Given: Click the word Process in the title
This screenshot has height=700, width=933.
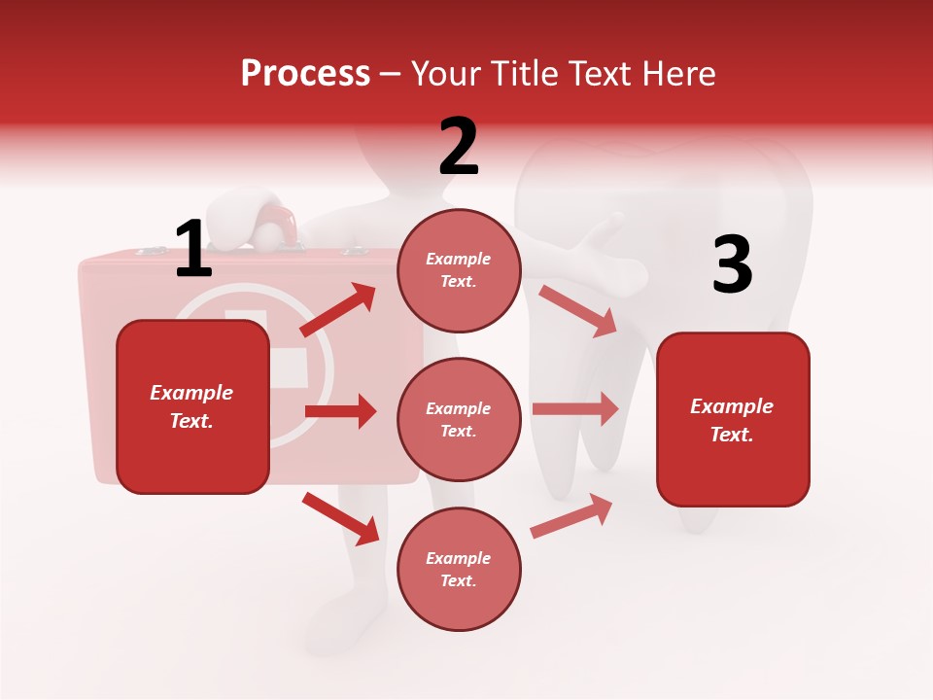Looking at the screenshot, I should (305, 74).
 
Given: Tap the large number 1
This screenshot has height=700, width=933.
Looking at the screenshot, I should (192, 249).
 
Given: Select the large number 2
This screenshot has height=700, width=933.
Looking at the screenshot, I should (459, 147).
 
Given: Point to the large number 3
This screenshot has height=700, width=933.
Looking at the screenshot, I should (732, 265).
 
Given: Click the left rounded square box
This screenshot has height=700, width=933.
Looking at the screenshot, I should (192, 406).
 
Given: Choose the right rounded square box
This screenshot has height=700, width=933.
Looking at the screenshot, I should (733, 419).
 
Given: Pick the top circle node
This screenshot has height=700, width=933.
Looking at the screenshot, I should (459, 270).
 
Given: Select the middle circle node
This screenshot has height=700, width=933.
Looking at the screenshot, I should (459, 419).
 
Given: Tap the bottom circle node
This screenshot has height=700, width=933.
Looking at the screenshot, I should (459, 569).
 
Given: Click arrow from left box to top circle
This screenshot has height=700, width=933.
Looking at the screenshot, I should (337, 310).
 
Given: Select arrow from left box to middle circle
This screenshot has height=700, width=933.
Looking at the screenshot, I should (340, 411).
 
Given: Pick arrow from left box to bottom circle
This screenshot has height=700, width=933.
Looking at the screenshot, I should (340, 518).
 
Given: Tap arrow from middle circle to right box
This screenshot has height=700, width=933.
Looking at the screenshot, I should (575, 408).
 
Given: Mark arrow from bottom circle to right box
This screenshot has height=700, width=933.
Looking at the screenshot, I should (571, 516).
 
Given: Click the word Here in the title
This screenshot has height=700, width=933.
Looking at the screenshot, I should (677, 74).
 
